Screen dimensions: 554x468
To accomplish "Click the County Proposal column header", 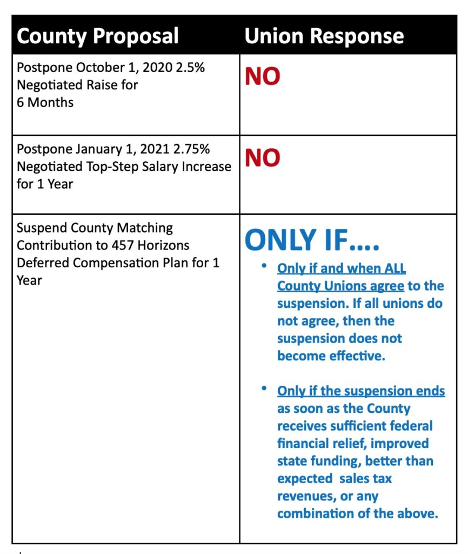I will tap(97, 36).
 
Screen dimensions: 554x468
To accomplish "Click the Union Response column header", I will tap(324, 36).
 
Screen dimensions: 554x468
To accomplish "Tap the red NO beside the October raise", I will tap(262, 77).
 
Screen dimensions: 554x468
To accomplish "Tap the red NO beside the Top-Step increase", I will tap(262, 157).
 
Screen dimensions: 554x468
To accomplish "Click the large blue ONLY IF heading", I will tap(312, 241).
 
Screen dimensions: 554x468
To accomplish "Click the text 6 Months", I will tap(45, 102).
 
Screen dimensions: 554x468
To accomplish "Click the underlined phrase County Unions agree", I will tap(340, 286).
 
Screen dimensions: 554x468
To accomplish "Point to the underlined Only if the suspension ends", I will tap(361, 391).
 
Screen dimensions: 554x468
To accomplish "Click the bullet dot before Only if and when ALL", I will tap(263, 267).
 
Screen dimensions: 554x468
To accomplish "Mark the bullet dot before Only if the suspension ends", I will tap(263, 389).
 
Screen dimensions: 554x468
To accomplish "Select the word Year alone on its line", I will tap(29, 280).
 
